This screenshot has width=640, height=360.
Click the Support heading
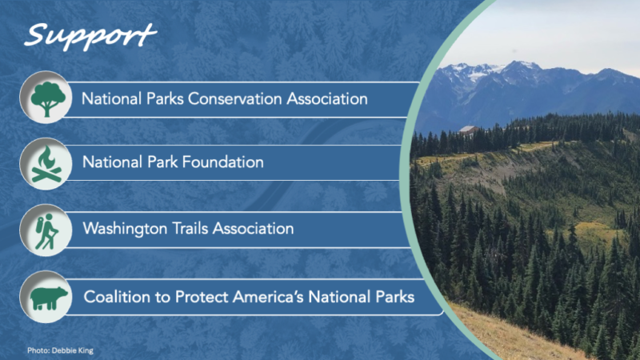[90, 37]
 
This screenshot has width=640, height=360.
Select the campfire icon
[46, 164]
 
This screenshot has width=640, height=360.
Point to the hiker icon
[46, 231]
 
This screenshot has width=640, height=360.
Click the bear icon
[49, 298]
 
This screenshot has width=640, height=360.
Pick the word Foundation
[222, 162]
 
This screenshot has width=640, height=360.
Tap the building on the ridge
[468, 130]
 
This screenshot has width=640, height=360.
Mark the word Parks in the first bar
[165, 98]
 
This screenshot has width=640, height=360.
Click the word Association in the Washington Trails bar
[253, 228]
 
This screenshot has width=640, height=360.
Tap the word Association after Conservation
[327, 98]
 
